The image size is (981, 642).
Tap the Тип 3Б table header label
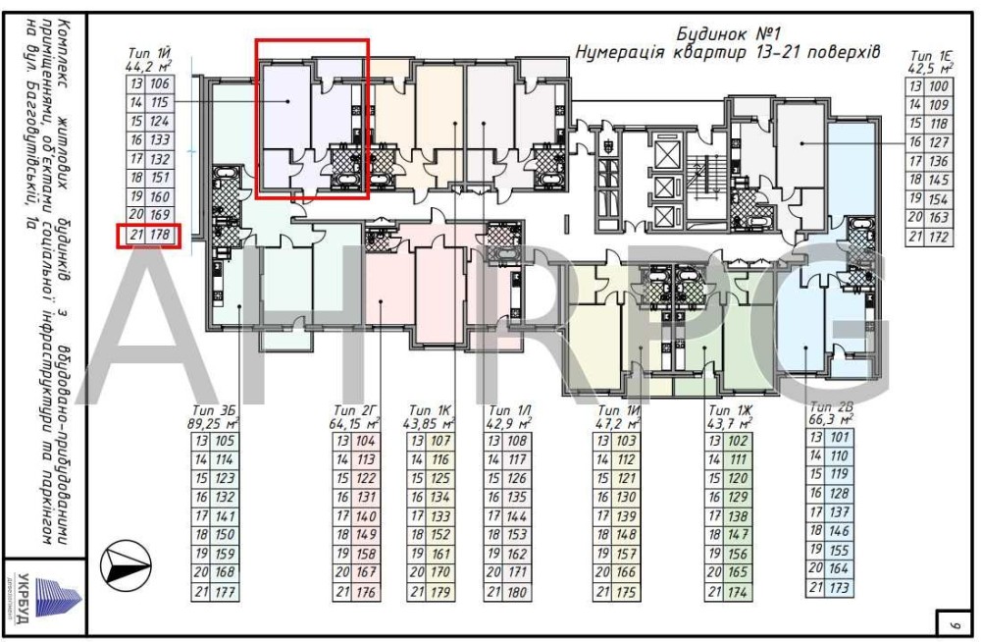point(217,409)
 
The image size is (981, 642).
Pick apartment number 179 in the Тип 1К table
point(441,592)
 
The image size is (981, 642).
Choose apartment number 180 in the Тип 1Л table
point(519,592)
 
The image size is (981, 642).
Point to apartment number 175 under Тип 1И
point(626,592)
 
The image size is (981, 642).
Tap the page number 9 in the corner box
point(953,622)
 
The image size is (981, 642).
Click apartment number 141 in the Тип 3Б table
point(224,516)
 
